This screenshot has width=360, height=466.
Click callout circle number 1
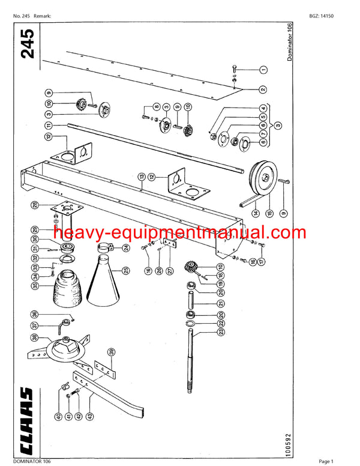pos(263,70)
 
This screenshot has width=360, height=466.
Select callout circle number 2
pos(263,89)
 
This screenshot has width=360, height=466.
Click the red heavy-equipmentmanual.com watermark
pos(179,233)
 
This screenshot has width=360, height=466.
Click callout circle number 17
pos(261,261)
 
